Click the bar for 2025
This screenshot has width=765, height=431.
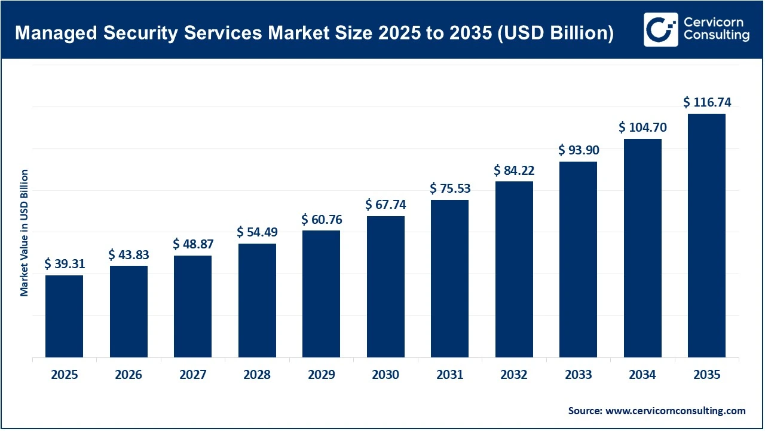click(64, 316)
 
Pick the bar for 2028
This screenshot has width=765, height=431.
click(257, 300)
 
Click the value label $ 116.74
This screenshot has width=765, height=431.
click(707, 102)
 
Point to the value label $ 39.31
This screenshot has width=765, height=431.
click(65, 264)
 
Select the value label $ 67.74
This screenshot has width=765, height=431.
click(385, 205)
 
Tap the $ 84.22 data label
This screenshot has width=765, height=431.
click(514, 171)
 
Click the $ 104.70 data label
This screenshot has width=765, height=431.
click(642, 128)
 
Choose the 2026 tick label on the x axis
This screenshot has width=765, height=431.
click(128, 375)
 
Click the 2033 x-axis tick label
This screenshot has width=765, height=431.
click(578, 375)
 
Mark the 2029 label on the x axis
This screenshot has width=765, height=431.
click(321, 375)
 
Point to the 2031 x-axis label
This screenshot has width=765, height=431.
click(449, 375)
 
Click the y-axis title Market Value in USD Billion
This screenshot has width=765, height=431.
click(25, 233)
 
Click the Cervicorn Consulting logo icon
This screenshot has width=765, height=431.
click(660, 29)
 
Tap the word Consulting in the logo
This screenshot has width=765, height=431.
click(715, 36)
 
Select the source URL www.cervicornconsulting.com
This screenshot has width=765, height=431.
click(675, 411)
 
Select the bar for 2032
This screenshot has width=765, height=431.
click(514, 269)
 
